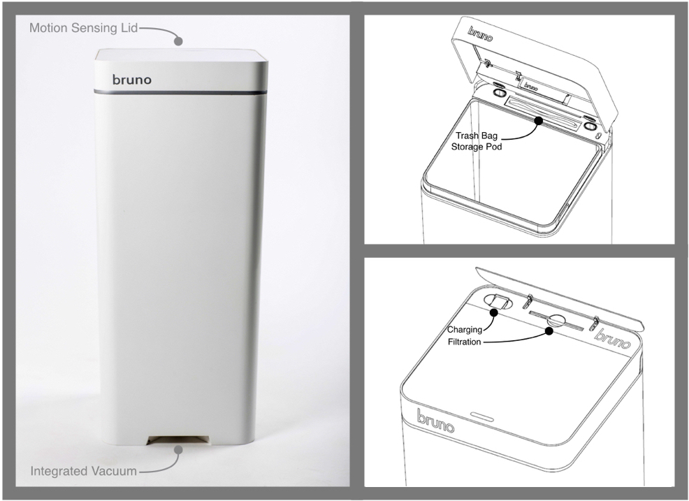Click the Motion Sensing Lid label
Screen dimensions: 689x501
tap(83, 28)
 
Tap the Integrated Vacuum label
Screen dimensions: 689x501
tap(83, 471)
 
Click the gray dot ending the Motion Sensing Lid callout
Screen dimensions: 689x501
tap(178, 41)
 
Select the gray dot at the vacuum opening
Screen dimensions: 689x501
tap(178, 449)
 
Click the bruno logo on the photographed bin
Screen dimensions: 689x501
tap(132, 80)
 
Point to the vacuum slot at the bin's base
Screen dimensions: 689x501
tap(178, 440)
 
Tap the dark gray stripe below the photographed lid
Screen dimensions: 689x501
tap(180, 92)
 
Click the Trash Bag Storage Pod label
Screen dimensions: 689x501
tap(477, 141)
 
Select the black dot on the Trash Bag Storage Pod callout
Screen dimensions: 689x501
tap(538, 119)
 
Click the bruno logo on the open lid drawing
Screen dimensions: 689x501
tap(480, 34)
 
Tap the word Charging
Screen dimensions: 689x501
tap(465, 330)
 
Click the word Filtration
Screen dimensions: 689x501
tap(465, 342)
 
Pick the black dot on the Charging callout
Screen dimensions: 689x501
tap(493, 312)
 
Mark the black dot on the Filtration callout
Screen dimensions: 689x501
tap(549, 331)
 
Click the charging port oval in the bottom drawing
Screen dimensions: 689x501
tap(498, 301)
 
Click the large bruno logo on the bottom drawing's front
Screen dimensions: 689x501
tap(435, 421)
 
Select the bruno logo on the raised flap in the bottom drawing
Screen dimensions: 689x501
tap(613, 338)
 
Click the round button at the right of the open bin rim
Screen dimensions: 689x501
tap(589, 126)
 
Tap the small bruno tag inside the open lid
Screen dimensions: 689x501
tap(531, 87)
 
